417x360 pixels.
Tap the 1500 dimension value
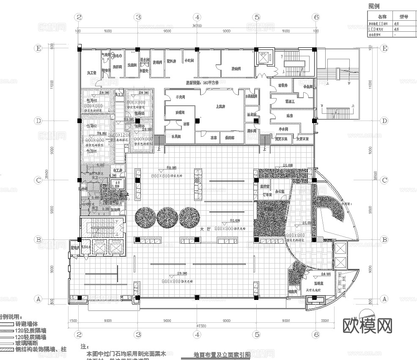[x=74, y=321]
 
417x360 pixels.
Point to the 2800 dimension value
[x=324, y=321]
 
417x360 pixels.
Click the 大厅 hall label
[x=205, y=228]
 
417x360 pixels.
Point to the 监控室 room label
[x=265, y=186]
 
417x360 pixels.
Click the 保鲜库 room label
[x=230, y=137]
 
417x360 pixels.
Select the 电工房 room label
[x=116, y=170]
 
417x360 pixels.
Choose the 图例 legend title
[x=374, y=6]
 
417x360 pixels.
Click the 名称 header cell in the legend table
[x=382, y=17]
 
